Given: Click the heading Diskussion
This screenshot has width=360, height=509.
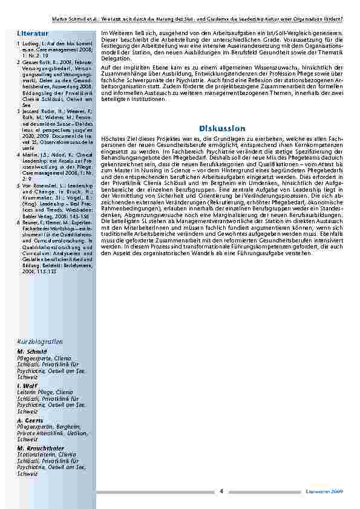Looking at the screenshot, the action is tap(221, 128).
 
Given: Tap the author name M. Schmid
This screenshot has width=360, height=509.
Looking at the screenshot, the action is tap(29, 351).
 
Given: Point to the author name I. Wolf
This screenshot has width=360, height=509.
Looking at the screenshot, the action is tap(27, 386).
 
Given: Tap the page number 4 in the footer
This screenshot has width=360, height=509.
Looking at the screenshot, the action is tap(221, 491).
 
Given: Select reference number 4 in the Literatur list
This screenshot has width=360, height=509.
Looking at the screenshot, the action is tap(19, 155).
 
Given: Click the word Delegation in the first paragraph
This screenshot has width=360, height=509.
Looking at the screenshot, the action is tap(115, 59).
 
